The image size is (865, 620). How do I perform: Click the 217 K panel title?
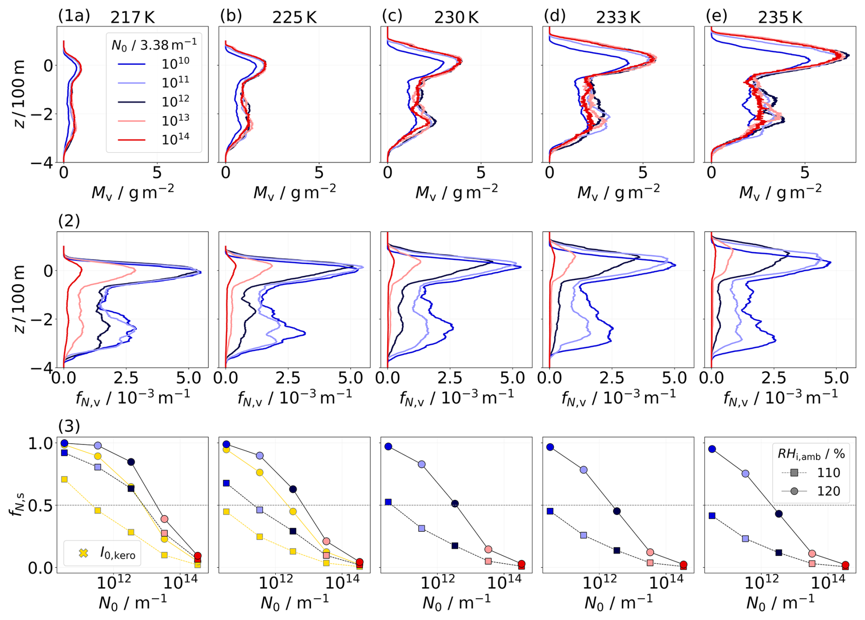tap(133, 17)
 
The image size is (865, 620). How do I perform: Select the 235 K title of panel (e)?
tap(780, 17)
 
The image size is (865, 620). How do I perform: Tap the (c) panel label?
tap(392, 16)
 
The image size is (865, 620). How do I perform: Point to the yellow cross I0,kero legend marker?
tap(83, 553)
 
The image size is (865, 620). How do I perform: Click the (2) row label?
tap(69, 221)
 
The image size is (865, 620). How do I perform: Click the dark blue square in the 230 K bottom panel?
tap(455, 546)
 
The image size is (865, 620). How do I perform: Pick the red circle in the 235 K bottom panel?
tap(845, 565)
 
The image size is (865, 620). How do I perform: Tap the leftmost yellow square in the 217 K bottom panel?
tap(64, 479)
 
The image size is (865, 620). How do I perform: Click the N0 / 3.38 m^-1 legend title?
tap(154, 44)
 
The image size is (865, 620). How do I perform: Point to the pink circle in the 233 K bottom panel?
tap(650, 552)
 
